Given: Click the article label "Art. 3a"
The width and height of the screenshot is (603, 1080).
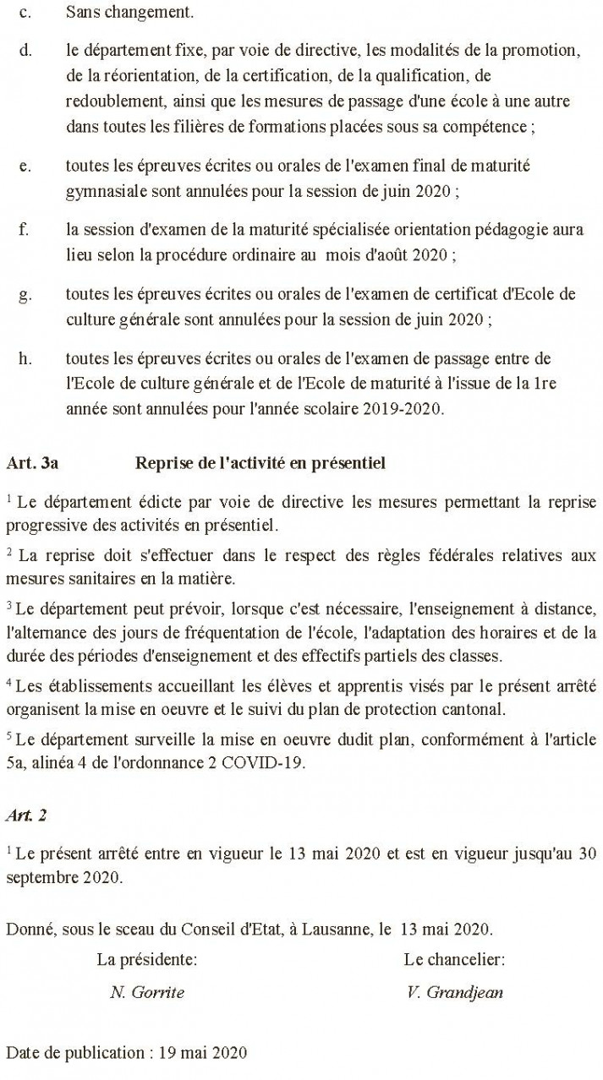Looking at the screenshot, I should point(31,463).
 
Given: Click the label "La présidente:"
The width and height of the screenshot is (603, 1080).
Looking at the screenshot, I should point(147,959).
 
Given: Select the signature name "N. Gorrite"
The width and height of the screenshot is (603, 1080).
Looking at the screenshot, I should point(140,993).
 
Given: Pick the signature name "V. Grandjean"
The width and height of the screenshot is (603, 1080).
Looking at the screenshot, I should point(455,993).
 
